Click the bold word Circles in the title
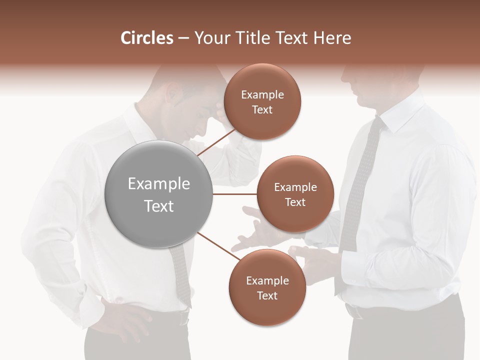(x=146, y=38)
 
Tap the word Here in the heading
(x=332, y=38)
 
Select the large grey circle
(x=158, y=194)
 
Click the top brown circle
(x=262, y=102)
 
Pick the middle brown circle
(x=295, y=194)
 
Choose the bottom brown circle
(x=267, y=287)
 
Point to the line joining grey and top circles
(x=216, y=142)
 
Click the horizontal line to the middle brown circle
(x=234, y=194)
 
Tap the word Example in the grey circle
(x=158, y=184)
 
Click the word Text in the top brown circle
(x=262, y=110)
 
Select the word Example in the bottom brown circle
(x=267, y=281)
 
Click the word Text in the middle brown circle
(x=295, y=202)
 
